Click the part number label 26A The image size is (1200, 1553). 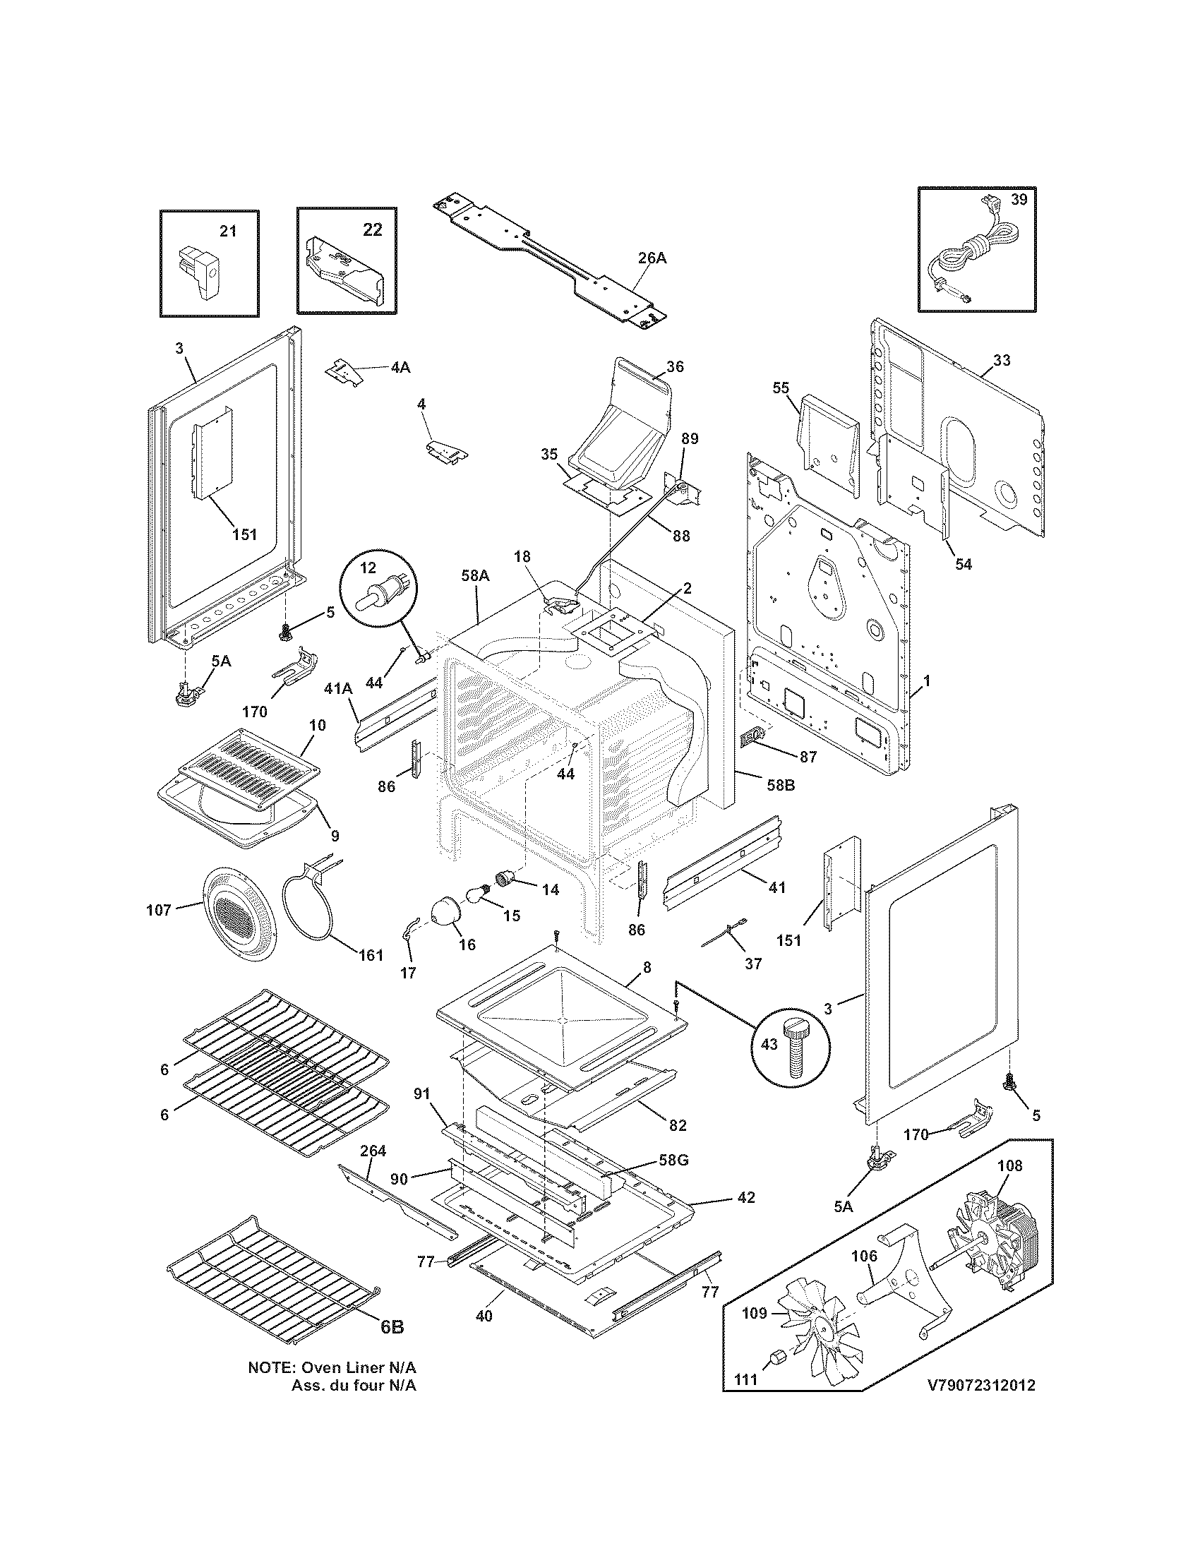pos(652,259)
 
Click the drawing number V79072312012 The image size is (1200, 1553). pos(981,1405)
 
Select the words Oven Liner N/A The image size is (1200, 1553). pos(359,1387)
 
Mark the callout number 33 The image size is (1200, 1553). pos(1001,361)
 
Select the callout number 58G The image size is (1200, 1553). pos(673,1161)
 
